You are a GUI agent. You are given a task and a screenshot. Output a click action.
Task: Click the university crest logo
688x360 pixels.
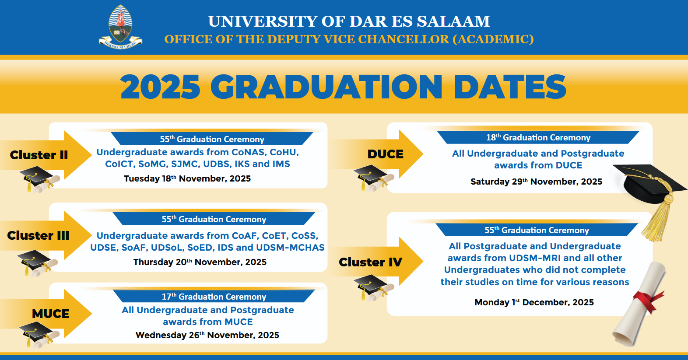point(120,27)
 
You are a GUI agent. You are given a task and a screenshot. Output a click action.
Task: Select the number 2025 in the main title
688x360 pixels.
point(160,87)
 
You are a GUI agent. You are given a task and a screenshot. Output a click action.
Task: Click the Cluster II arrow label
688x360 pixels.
point(39,155)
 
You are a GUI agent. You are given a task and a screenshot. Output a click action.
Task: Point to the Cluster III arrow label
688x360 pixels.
point(38,236)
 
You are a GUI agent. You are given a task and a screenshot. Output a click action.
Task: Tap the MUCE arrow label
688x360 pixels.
point(51,314)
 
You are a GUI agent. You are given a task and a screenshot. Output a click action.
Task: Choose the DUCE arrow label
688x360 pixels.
point(386,154)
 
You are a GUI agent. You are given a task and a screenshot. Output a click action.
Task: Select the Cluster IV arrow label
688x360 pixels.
point(370,262)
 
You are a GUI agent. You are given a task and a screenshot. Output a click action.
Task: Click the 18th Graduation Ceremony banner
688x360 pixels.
point(538,137)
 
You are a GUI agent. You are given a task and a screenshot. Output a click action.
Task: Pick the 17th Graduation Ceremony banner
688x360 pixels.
point(214,297)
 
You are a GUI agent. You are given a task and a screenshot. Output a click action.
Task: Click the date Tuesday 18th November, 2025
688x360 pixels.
point(187,178)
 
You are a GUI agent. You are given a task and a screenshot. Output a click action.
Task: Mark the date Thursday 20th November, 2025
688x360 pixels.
point(200,262)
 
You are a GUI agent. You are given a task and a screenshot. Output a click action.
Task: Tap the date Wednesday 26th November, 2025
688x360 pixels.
point(207,335)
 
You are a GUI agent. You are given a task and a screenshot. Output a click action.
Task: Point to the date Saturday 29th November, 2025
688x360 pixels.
point(536,182)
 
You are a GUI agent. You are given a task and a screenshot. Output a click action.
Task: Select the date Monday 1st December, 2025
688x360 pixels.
point(534,302)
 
